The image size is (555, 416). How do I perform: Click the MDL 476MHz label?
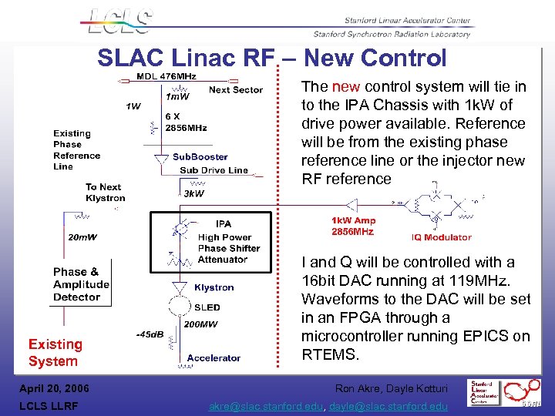(166, 76)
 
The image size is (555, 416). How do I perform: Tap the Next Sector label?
(236, 89)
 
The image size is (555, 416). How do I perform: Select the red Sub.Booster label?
(200, 157)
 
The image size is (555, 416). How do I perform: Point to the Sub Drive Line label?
(214, 169)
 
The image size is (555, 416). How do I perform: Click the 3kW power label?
(193, 193)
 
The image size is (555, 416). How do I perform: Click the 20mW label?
(82, 237)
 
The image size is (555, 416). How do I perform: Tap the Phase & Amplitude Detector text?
(81, 284)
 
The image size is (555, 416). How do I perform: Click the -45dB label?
(149, 334)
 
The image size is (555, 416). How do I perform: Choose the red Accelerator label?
(214, 357)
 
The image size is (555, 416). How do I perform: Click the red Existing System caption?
(55, 353)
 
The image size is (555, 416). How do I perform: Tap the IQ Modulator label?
(442, 237)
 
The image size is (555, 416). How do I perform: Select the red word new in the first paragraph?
(344, 86)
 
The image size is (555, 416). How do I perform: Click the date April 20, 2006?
(53, 388)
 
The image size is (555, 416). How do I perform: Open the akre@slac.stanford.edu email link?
(268, 406)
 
